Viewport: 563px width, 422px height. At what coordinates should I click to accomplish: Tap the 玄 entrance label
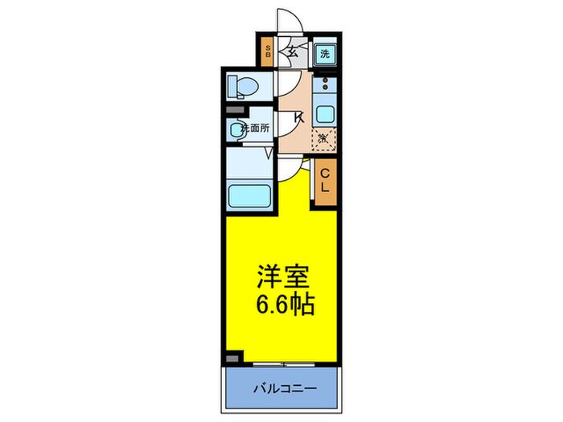pyautogui.click(x=294, y=55)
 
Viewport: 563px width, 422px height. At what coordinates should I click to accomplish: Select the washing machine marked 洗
pyautogui.click(x=324, y=54)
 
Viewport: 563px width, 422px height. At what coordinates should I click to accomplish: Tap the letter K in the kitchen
pyautogui.click(x=298, y=117)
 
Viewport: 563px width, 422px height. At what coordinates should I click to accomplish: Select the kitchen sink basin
pyautogui.click(x=325, y=113)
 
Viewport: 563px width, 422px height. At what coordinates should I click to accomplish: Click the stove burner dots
pyautogui.click(x=325, y=82)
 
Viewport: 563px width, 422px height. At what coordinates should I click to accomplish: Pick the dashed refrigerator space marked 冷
pyautogui.click(x=324, y=139)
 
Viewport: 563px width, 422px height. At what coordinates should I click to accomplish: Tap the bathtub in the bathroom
pyautogui.click(x=249, y=195)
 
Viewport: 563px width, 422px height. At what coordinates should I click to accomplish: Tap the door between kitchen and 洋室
pyautogui.click(x=294, y=166)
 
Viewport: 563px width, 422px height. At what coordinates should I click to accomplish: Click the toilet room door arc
pyautogui.click(x=285, y=84)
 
